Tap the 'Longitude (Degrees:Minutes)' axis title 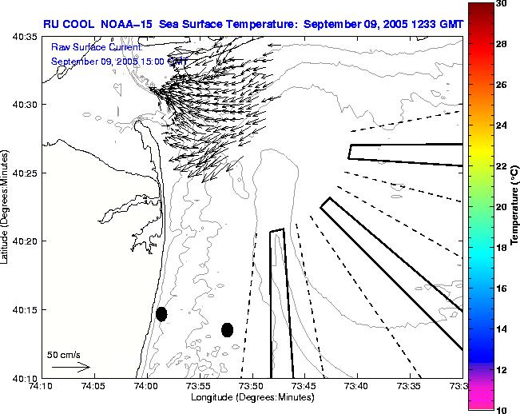click(x=251, y=398)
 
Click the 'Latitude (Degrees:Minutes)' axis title click(x=7, y=206)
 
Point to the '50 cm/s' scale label click(x=63, y=354)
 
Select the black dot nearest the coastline click(x=161, y=314)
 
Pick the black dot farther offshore click(x=227, y=329)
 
